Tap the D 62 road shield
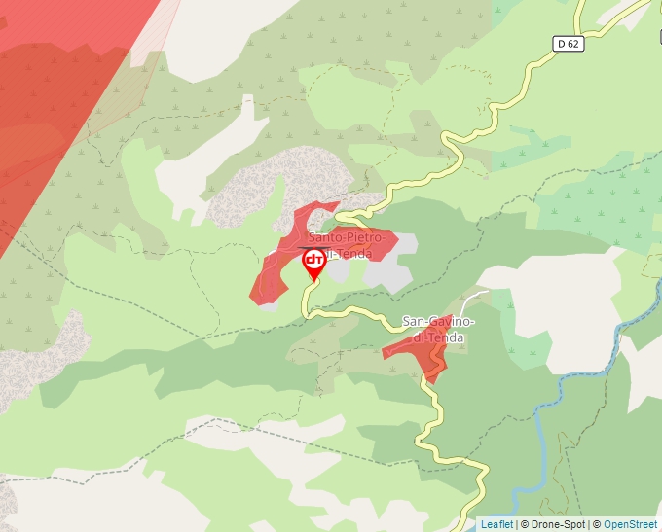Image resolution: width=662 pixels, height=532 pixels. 570,44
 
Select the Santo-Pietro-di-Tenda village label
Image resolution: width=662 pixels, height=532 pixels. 351,245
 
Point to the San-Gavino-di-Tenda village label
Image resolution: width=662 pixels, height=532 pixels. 438,330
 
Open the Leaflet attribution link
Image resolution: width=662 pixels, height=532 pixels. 496,524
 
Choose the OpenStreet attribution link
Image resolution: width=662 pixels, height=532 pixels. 632,524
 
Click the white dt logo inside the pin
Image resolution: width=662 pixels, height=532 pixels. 314,260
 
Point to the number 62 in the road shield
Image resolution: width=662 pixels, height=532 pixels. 574,44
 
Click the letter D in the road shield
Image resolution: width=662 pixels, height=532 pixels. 563,44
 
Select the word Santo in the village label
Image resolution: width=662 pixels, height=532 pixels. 327,238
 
